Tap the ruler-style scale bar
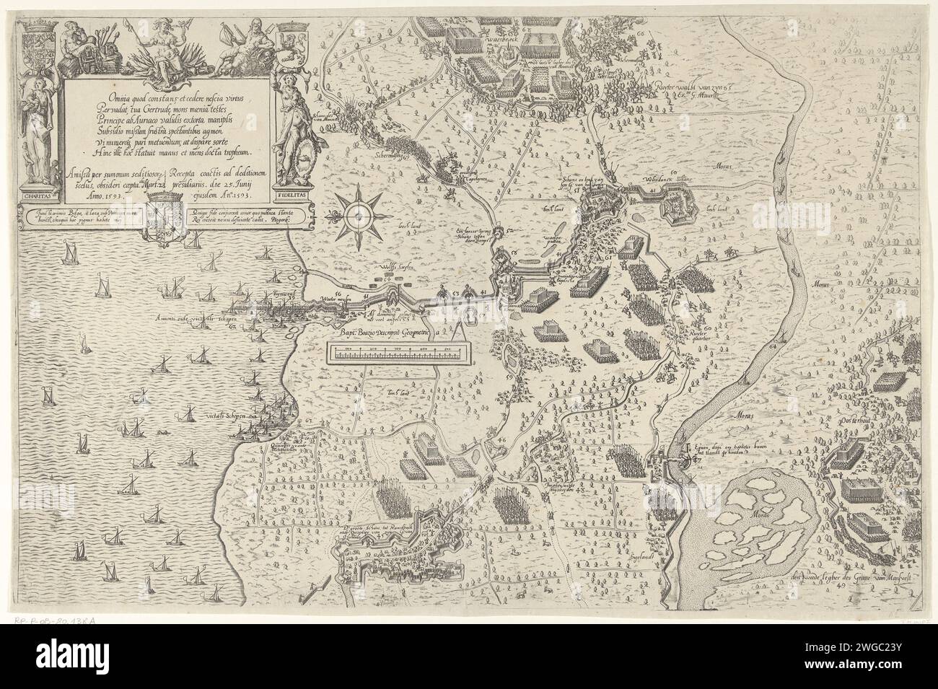click(393, 353)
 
